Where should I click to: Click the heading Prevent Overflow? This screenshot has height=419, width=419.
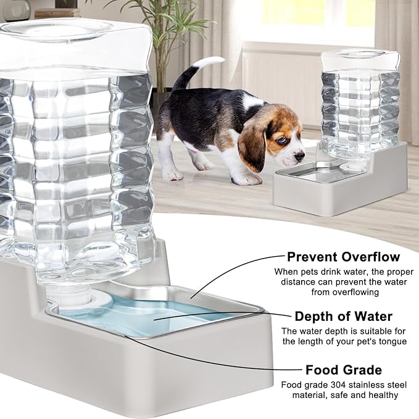tap(343, 256)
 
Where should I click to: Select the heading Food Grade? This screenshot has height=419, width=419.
tap(343, 370)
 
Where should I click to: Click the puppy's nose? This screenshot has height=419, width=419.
tap(301, 157)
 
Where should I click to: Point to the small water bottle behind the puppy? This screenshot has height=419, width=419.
tap(358, 105)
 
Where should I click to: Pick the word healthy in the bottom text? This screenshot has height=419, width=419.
tap(381, 395)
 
